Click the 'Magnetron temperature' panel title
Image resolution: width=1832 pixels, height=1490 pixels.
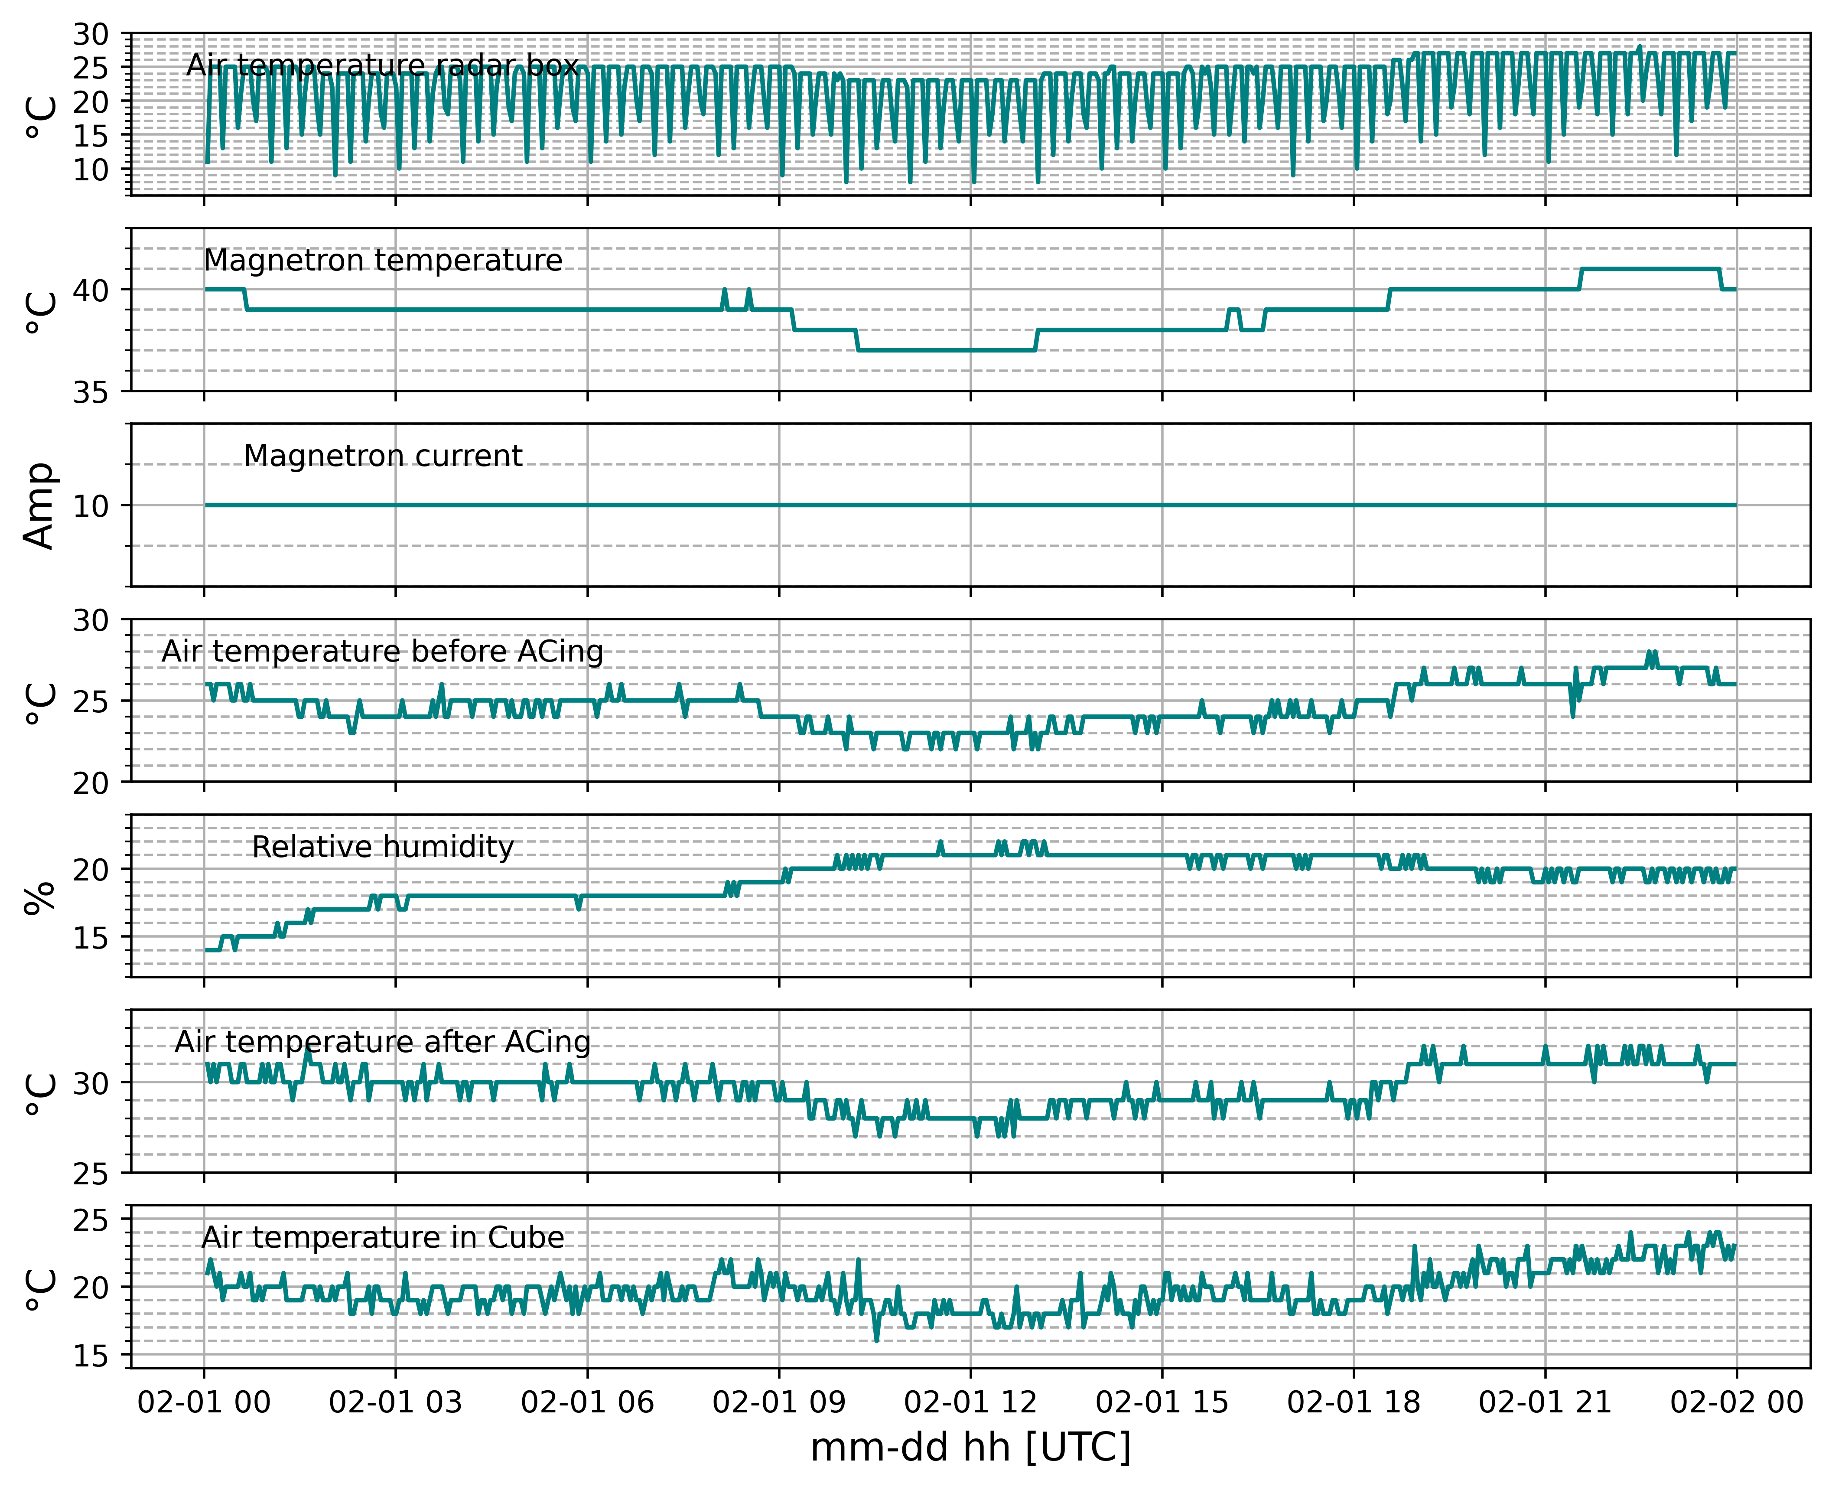383,260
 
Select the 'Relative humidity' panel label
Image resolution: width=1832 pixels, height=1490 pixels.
383,847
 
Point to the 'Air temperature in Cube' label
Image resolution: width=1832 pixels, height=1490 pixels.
383,1238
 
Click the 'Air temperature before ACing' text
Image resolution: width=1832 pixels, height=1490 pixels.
383,652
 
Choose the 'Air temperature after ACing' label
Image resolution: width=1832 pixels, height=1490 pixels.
383,1042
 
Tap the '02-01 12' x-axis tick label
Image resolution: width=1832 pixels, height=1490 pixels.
970,1402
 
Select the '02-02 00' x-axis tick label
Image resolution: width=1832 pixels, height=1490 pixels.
1737,1402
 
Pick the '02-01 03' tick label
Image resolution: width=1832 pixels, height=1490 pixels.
396,1402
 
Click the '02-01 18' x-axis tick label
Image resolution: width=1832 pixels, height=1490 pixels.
1354,1402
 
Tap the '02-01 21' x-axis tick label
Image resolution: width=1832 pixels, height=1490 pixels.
1546,1402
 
